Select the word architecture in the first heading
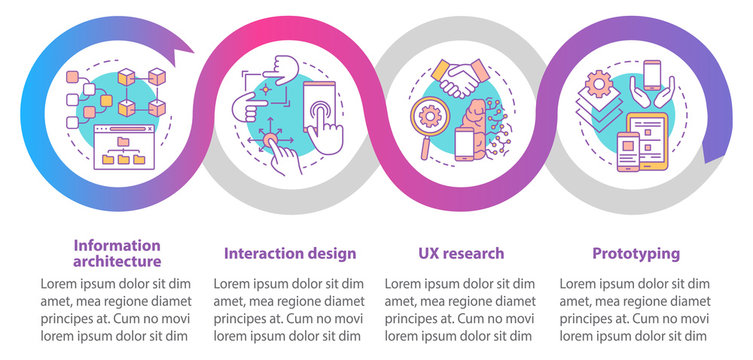click(x=117, y=261)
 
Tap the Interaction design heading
click(x=289, y=253)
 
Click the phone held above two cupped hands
click(x=652, y=76)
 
